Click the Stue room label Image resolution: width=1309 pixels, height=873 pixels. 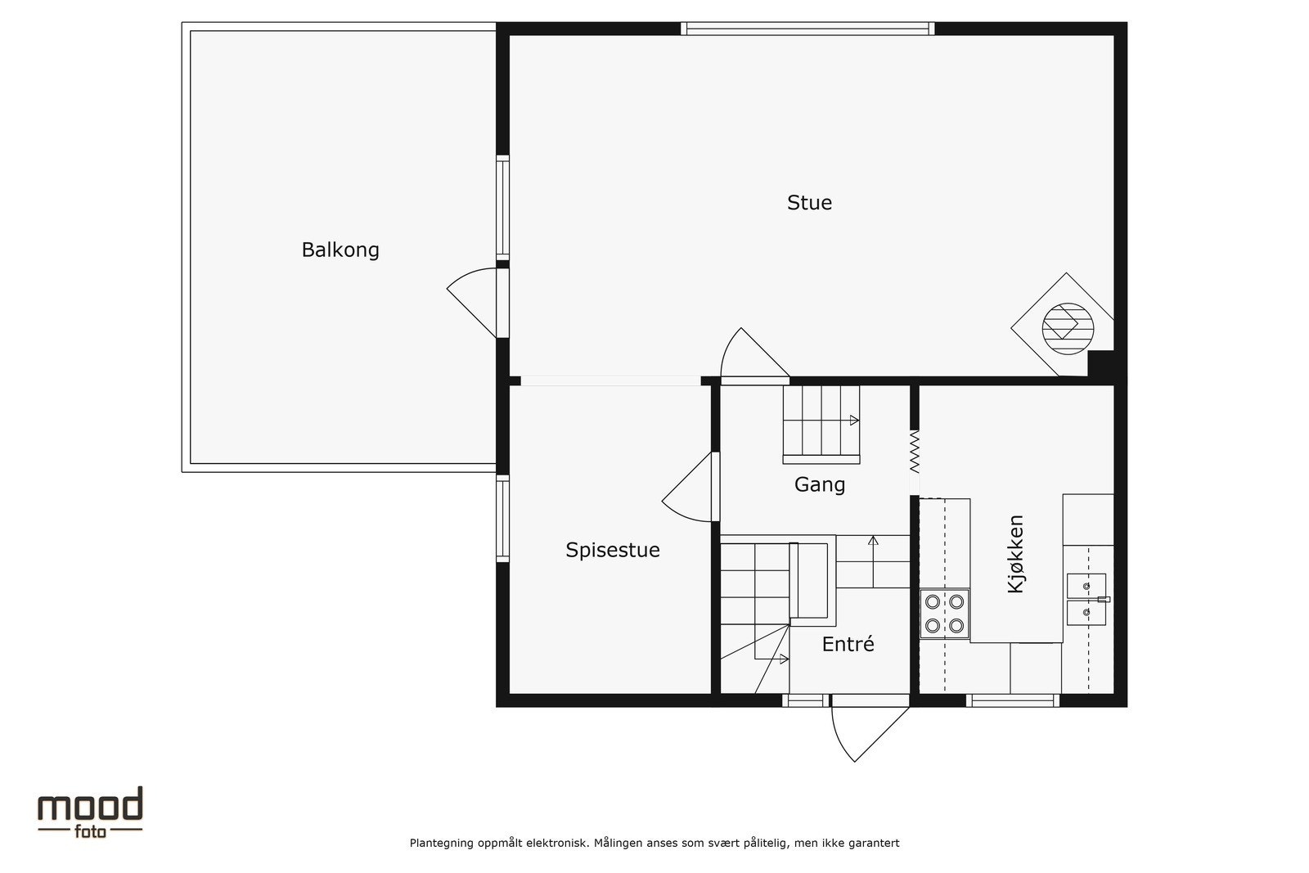coord(809,203)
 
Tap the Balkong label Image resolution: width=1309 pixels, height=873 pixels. coord(340,250)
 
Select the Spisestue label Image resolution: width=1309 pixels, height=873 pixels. coord(613,550)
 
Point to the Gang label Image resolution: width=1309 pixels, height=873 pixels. coord(820,485)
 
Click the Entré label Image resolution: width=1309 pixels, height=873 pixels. coord(848,645)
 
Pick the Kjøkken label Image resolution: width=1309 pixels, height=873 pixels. coord(1016,554)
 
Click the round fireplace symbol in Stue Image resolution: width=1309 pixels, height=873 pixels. coord(1068,326)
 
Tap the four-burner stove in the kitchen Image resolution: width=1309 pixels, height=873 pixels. coord(944,614)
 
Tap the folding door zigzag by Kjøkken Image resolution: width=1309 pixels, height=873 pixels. coord(915,452)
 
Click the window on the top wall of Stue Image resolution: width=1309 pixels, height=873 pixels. coord(807,29)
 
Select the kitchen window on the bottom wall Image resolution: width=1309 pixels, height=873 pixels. coord(1013,700)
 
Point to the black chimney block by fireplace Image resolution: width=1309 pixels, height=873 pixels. coord(1100,365)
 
